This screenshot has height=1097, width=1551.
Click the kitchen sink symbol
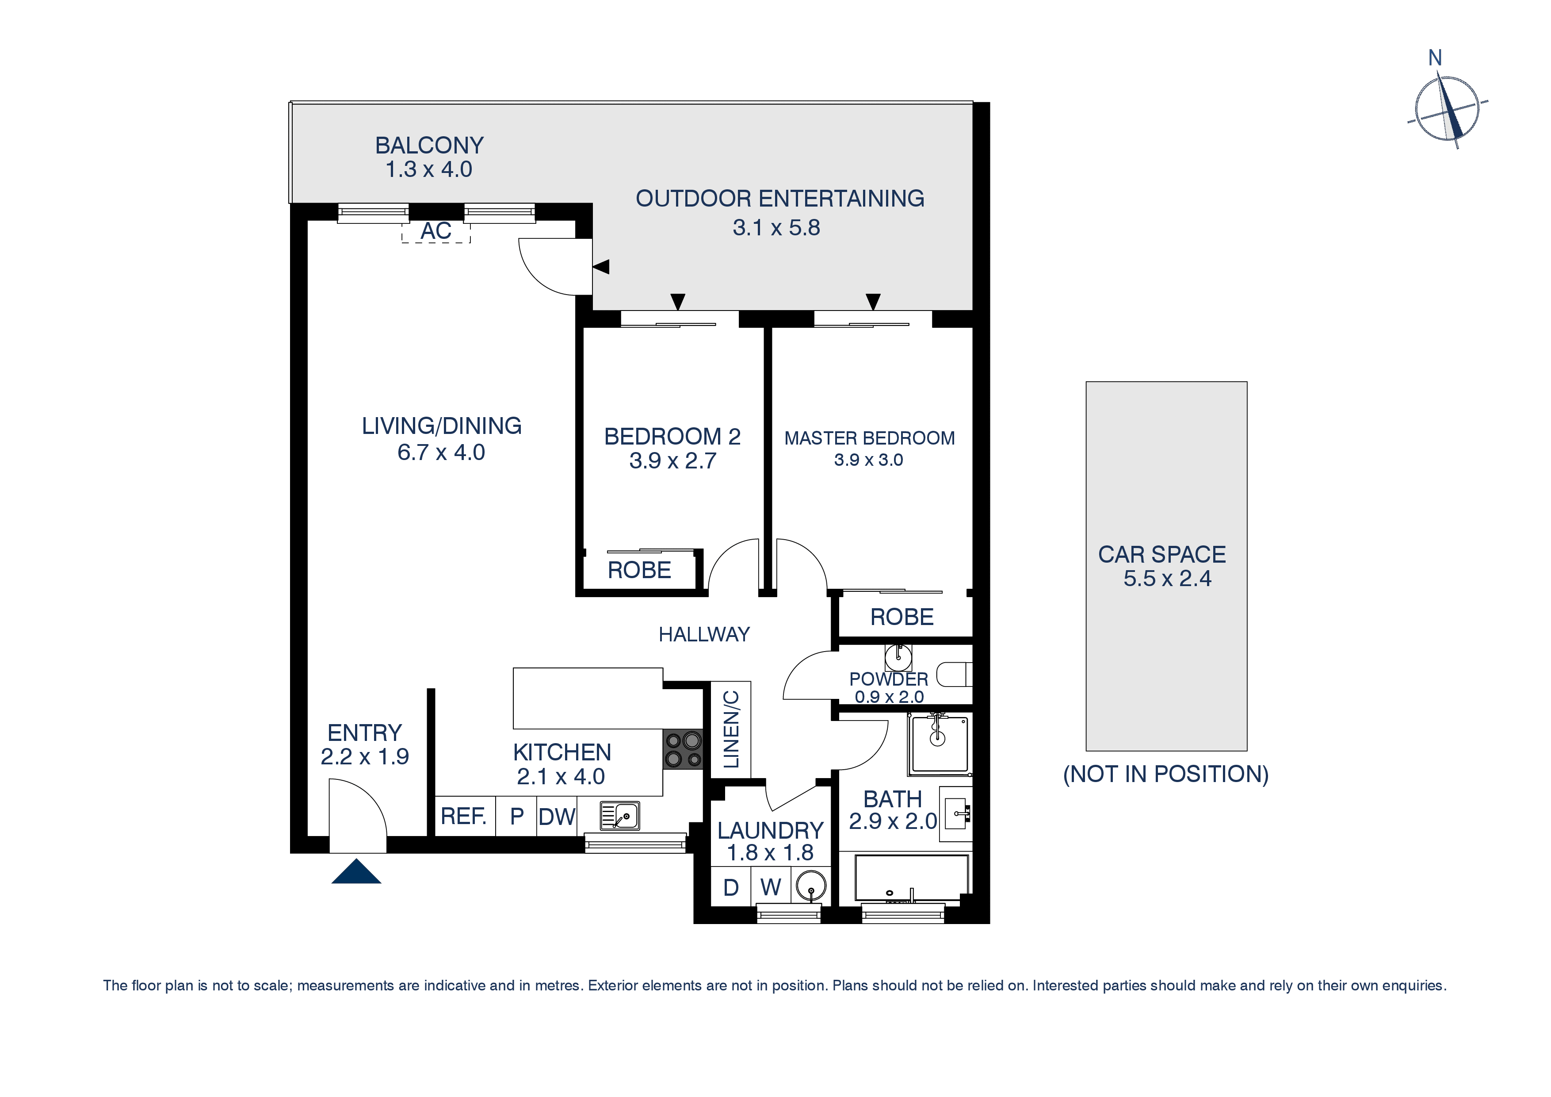pos(619,816)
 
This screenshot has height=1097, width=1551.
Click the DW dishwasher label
pos(557,817)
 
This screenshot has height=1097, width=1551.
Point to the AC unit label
pos(436,231)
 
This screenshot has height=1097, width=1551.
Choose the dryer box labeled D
pos(731,887)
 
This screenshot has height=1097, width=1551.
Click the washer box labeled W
pos(771,887)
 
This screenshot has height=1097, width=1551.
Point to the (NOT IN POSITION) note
pos(1166,774)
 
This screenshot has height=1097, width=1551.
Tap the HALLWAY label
pos(704,634)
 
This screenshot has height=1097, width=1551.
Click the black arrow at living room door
pos(601,267)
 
